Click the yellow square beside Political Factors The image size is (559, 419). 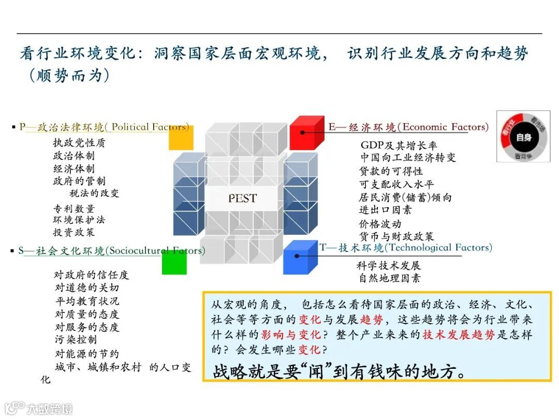(181, 138)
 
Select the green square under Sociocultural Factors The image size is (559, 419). (174, 262)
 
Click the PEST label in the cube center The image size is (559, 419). (242, 198)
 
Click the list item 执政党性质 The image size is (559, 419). (79, 143)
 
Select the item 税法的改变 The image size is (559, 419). (94, 193)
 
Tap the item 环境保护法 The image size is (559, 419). (79, 220)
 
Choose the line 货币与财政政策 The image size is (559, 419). (397, 237)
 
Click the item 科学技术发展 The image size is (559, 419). (389, 266)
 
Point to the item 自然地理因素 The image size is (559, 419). (389, 278)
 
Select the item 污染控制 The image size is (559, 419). (76, 340)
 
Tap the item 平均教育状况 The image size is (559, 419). (87, 301)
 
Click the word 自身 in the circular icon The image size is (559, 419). (523, 137)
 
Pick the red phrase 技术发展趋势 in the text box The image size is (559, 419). (458, 335)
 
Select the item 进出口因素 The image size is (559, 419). (386, 210)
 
